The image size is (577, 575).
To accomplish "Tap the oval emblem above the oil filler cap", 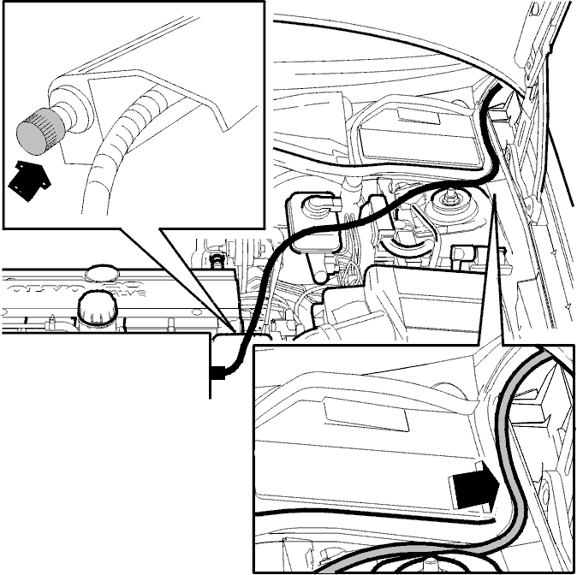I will coord(100,275).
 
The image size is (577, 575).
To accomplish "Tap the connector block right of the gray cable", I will coord(539,402).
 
